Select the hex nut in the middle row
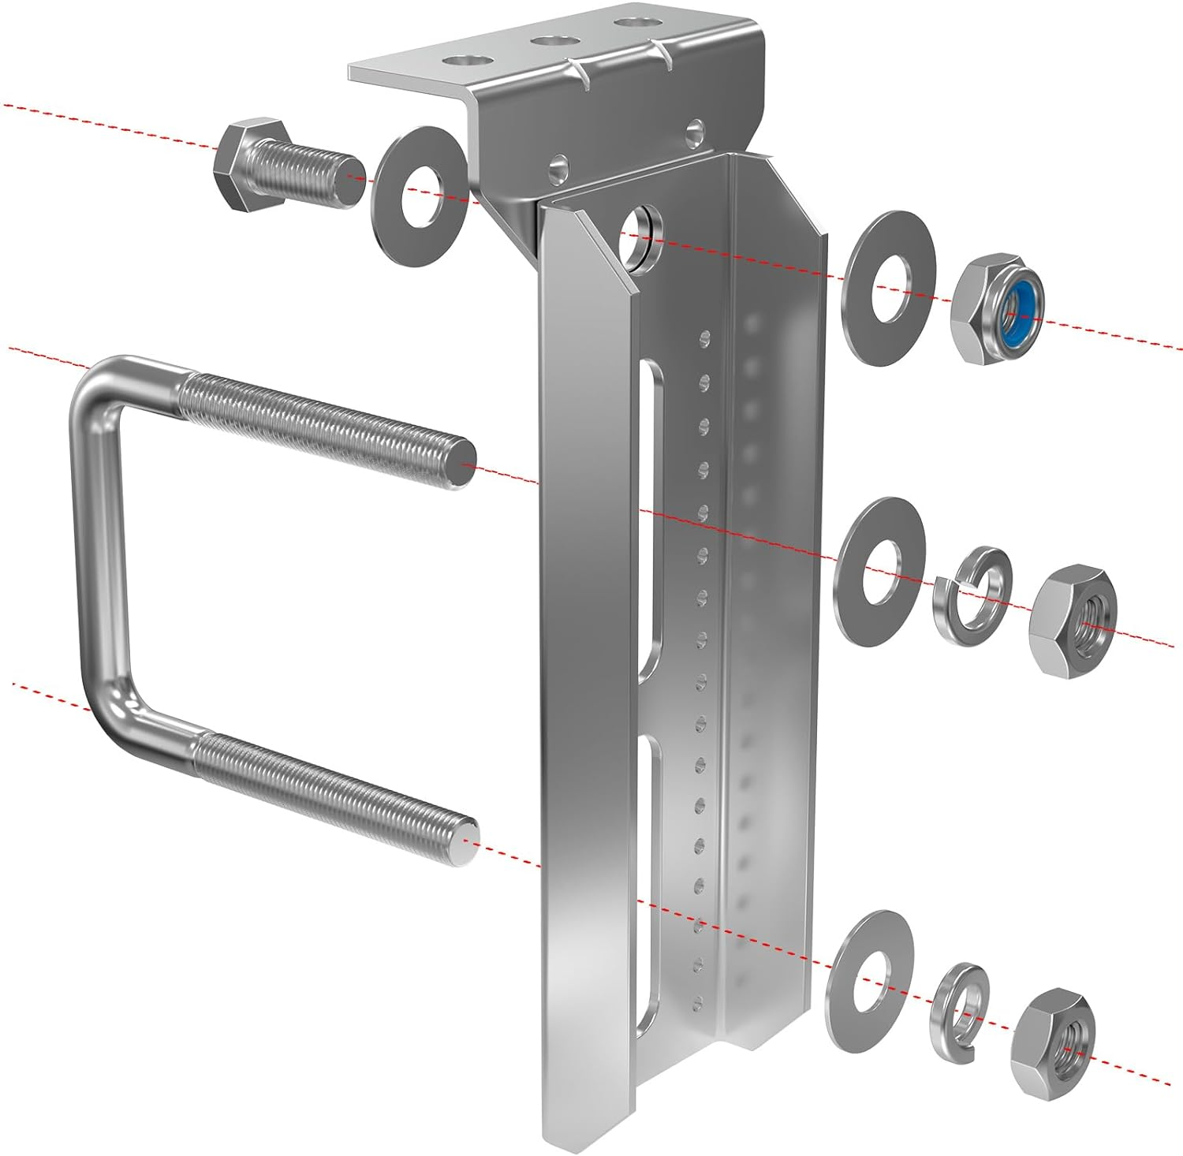click(x=1073, y=618)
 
